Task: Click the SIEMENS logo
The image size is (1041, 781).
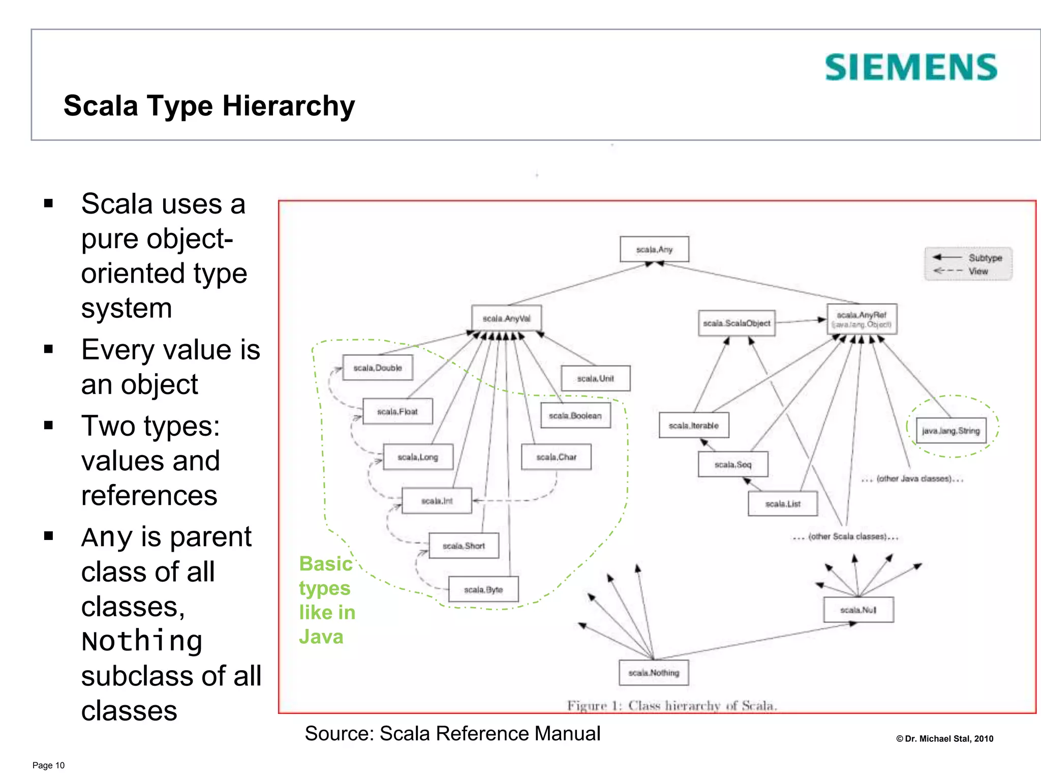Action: pos(911,68)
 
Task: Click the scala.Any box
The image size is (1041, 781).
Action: pos(654,249)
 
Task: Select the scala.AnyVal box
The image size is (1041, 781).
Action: pos(506,318)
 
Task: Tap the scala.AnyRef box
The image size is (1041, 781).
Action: pos(862,319)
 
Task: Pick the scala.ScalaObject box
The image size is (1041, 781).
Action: pos(737,323)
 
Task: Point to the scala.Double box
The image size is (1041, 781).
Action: pos(378,368)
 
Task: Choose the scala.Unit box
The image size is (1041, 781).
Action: pos(595,378)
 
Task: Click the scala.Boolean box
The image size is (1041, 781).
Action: pos(575,416)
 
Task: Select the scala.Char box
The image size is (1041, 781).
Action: pos(556,457)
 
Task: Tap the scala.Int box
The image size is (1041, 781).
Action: pos(437,501)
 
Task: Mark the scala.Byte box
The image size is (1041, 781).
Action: pos(483,589)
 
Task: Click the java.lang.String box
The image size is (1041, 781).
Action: pos(951,431)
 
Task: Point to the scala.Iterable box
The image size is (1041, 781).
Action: pos(694,426)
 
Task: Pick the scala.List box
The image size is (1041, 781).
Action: pos(783,504)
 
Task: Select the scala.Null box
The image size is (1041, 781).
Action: pos(859,610)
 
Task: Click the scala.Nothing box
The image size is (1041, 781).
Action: pos(654,673)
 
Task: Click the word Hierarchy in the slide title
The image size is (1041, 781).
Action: pos(288,106)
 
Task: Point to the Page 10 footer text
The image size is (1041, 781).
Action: pos(48,765)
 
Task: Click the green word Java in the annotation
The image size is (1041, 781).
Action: pos(321,637)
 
